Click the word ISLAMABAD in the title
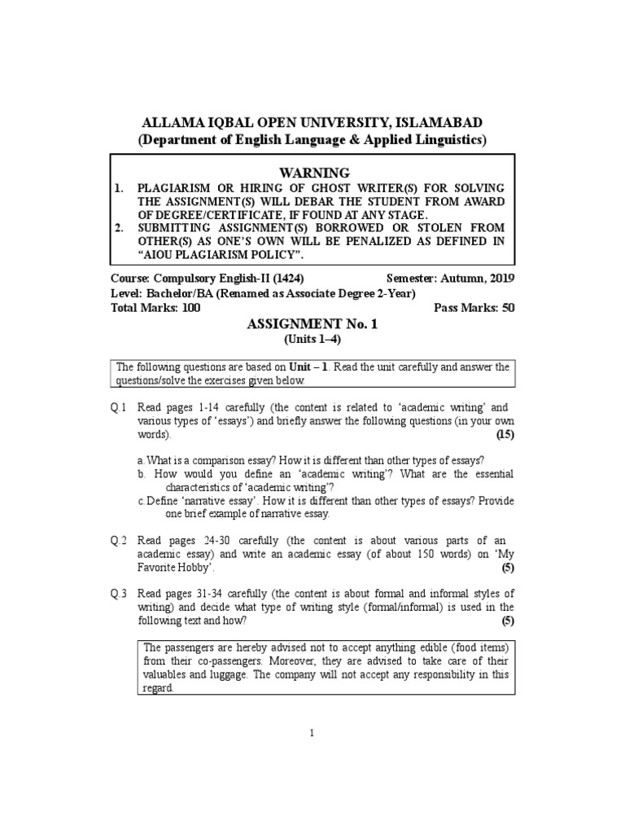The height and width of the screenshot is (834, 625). (439, 122)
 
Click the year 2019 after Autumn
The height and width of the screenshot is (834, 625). (500, 278)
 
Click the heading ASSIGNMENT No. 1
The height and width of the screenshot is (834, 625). (312, 324)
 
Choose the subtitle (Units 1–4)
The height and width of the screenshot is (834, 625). (312, 339)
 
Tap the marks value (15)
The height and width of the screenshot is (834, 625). (505, 435)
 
